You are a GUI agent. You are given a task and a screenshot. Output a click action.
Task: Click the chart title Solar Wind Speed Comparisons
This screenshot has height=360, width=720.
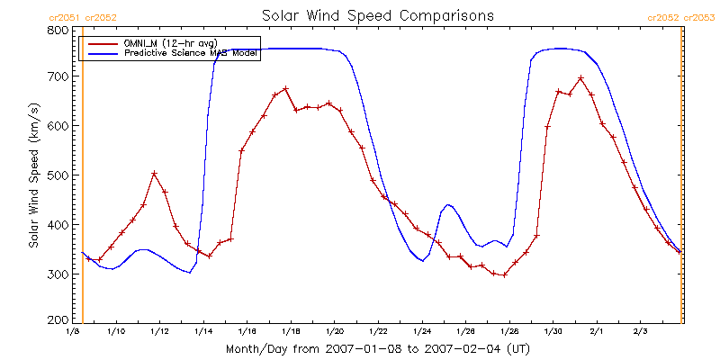click(377, 15)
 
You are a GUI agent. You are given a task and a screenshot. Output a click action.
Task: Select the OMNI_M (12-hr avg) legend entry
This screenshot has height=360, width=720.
click(172, 43)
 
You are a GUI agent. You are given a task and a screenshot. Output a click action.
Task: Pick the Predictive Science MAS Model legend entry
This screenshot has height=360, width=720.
click(191, 54)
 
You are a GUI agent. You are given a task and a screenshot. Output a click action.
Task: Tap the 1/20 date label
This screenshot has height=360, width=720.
click(334, 331)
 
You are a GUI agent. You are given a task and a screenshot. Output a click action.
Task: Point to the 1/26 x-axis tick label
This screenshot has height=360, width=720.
click(465, 331)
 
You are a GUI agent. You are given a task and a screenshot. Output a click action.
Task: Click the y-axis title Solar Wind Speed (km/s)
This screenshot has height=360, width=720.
click(33, 175)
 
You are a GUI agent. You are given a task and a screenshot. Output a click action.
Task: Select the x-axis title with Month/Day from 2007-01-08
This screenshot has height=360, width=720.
click(377, 348)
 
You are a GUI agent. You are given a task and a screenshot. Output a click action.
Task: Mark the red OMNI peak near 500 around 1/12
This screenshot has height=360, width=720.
click(154, 174)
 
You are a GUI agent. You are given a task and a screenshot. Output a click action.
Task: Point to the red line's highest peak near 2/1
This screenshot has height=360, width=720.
click(580, 78)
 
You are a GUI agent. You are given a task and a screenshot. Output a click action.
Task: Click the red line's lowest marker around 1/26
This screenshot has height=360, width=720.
click(504, 274)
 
